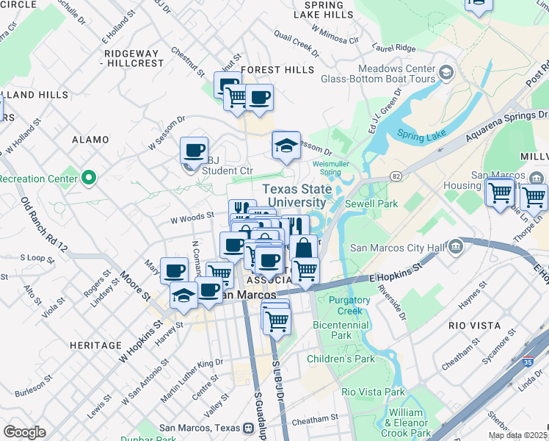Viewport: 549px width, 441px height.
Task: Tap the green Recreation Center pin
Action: click(89, 178)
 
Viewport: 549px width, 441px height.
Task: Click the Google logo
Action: click(24, 431)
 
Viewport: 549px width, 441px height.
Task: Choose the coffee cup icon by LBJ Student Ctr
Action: click(194, 150)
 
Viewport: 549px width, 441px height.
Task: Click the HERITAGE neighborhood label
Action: click(95, 345)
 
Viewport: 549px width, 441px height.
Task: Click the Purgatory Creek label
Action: click(349, 306)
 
